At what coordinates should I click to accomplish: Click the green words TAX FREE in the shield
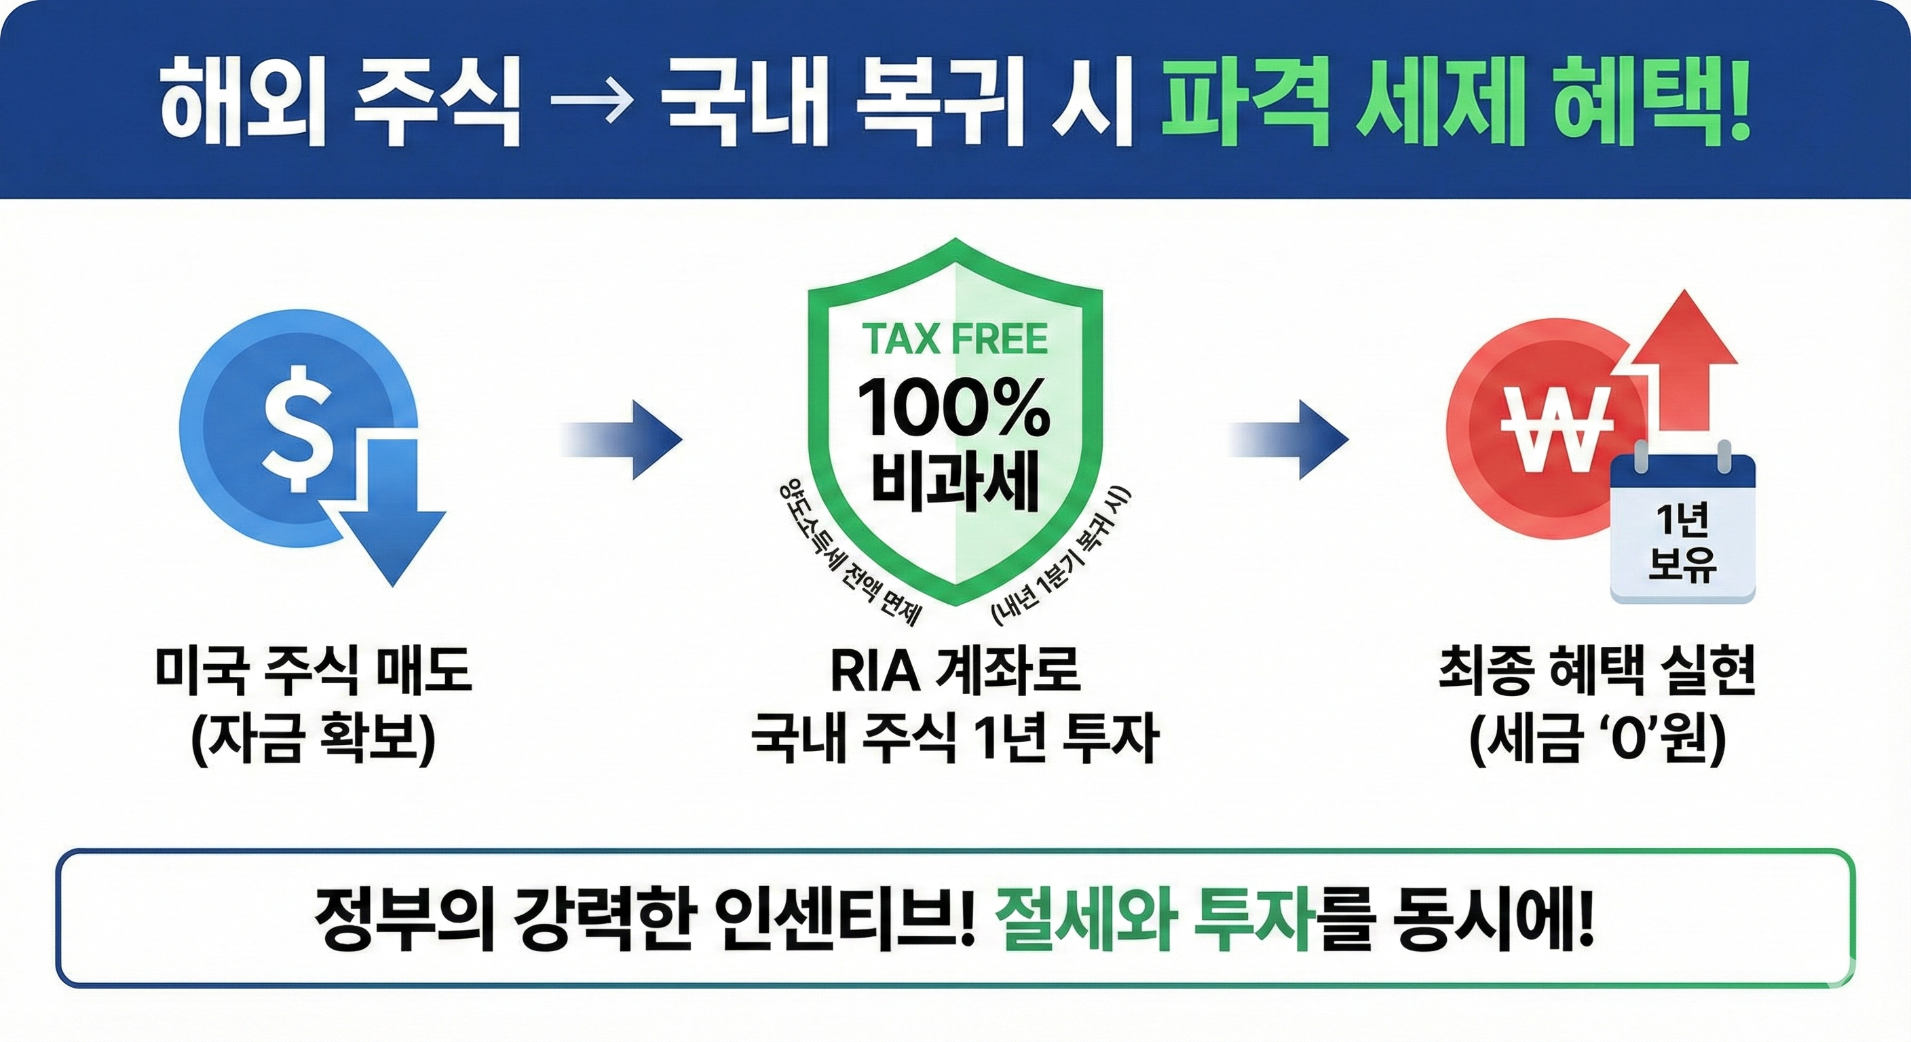tap(955, 340)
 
